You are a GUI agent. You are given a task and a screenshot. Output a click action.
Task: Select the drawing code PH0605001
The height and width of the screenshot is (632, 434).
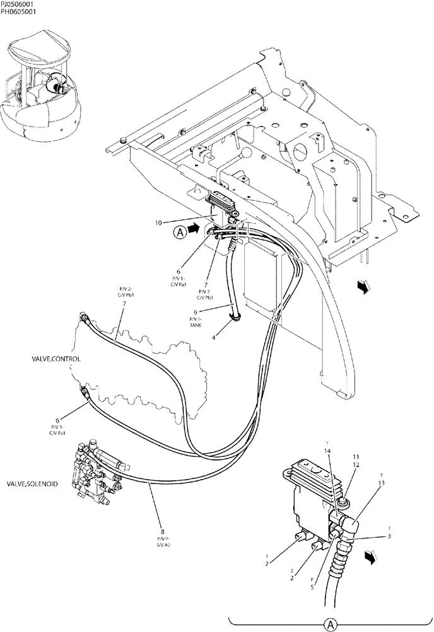(x=18, y=12)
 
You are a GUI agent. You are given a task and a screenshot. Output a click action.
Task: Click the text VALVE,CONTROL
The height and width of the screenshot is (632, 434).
(x=57, y=358)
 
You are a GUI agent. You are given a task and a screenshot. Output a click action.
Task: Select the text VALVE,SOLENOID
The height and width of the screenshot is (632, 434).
(x=32, y=483)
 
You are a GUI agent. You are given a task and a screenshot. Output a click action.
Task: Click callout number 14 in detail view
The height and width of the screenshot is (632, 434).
(x=327, y=451)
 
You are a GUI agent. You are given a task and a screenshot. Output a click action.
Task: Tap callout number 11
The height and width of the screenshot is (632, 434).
(x=356, y=456)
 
